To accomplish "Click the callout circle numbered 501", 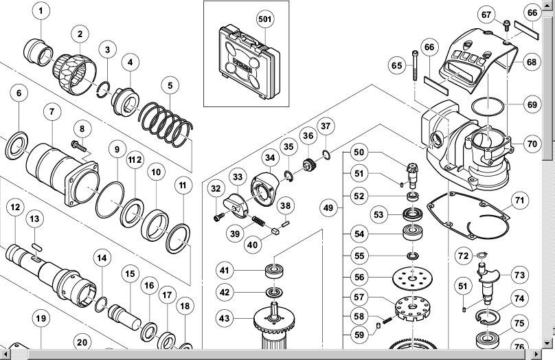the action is point(265,19).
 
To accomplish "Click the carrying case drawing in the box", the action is point(249,61).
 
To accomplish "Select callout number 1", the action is point(41,11).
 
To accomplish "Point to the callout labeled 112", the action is point(135,159).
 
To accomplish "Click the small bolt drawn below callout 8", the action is point(78,146).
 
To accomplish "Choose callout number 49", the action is point(328,207).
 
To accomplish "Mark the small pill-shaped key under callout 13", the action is point(37,247).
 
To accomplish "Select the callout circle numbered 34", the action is point(270,157).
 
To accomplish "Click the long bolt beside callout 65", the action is point(415,66).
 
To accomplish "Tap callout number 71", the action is point(519,201).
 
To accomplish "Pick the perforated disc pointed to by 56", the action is point(413,278).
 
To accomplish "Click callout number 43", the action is point(224,319).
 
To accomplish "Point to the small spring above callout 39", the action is point(258,222).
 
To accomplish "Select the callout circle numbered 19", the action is point(41,319).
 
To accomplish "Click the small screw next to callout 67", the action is point(506,26).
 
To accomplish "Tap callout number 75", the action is point(519,323).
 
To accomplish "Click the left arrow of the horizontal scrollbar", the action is point(5,354).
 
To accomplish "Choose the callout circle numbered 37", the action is point(326,126).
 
